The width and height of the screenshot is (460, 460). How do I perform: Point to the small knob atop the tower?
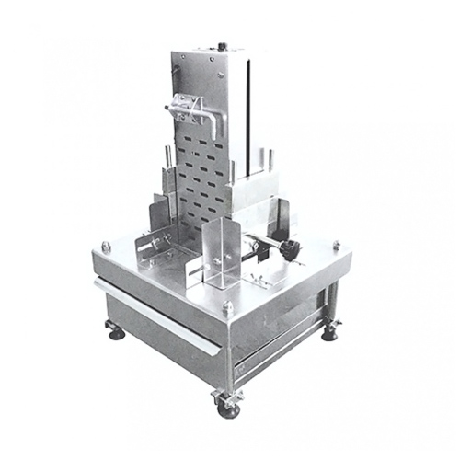point(224,44)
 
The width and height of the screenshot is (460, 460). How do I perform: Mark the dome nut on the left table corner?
point(107,246)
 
